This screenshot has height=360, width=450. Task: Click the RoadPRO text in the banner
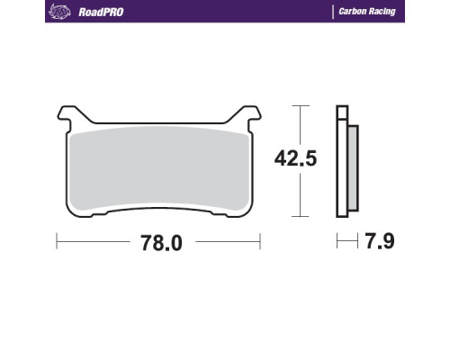click(x=101, y=12)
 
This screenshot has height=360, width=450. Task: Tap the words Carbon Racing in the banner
click(x=367, y=12)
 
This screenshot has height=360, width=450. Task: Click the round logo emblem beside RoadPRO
click(x=59, y=12)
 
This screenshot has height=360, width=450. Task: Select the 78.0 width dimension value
click(x=161, y=243)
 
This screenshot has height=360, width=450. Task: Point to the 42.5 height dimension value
click(x=295, y=158)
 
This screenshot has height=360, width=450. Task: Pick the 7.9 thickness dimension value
click(x=380, y=241)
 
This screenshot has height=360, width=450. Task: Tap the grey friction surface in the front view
click(x=159, y=168)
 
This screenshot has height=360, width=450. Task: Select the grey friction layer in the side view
click(x=354, y=168)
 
